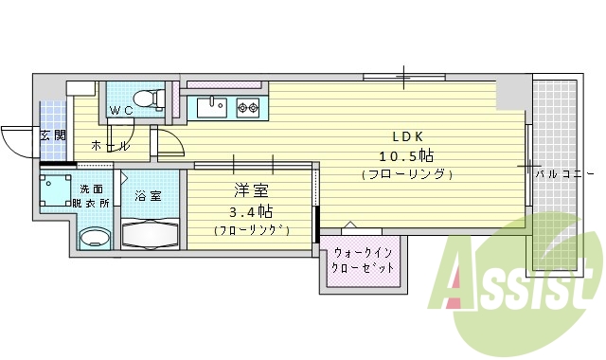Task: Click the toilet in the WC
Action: tap(145, 97)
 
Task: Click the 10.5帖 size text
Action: tap(407, 155)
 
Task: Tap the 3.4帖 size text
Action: tap(251, 210)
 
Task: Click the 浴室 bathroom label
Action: tap(148, 196)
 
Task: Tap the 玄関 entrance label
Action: tap(53, 135)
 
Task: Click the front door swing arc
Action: tap(17, 142)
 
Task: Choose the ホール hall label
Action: tap(110, 146)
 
